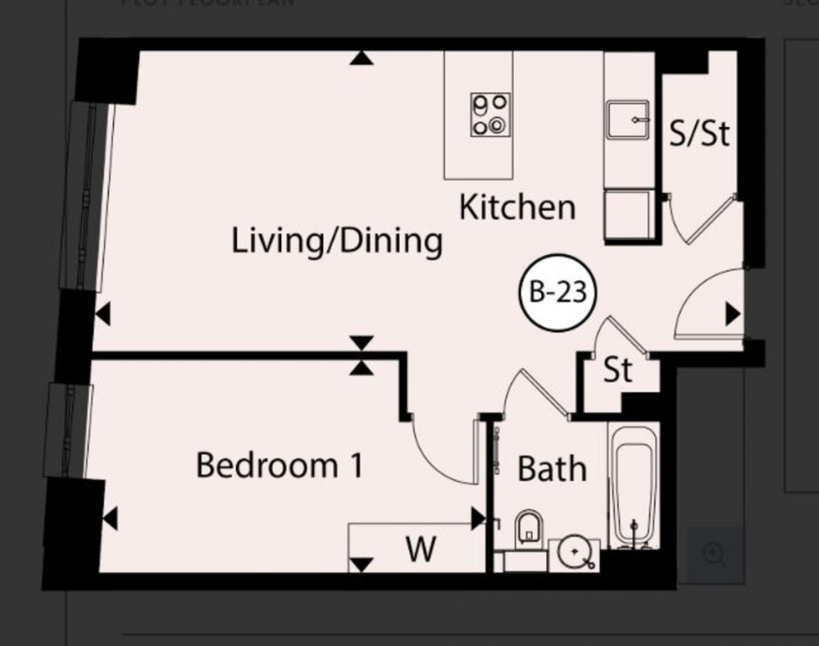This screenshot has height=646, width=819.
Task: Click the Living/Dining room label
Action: tap(336, 240)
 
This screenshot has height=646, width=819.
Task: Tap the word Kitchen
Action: tap(517, 207)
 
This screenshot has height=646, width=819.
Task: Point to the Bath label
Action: tap(552, 468)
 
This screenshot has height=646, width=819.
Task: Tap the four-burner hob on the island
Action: tap(491, 114)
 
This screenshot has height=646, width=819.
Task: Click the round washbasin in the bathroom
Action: tap(574, 551)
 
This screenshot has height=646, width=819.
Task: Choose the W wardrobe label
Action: tap(421, 550)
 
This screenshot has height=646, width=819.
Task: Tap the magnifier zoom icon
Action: tap(714, 553)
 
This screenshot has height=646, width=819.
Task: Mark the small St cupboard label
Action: tap(617, 370)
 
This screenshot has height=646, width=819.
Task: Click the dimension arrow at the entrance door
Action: tap(731, 313)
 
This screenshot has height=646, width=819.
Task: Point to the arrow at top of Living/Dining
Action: tap(363, 57)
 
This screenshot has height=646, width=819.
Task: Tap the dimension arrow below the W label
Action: tap(363, 563)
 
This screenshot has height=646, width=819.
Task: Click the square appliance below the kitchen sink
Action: tap(628, 215)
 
